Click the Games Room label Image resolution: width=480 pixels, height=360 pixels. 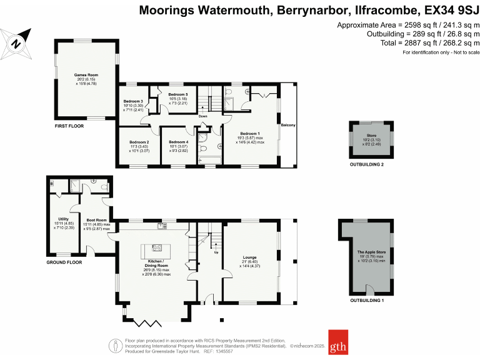pos(86,74)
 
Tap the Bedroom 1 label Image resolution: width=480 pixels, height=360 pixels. pos(249,133)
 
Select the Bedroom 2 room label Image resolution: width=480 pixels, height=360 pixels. pos(139,142)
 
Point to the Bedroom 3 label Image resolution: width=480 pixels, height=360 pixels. pos(133,101)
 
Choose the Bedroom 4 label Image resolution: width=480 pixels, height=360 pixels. pos(178,142)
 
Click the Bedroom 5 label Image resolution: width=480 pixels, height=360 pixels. pos(178,94)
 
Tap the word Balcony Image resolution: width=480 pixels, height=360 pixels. pos(287,126)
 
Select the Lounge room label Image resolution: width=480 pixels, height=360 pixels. pos(250,257)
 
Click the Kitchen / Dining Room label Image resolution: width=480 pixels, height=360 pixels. pos(156,263)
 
